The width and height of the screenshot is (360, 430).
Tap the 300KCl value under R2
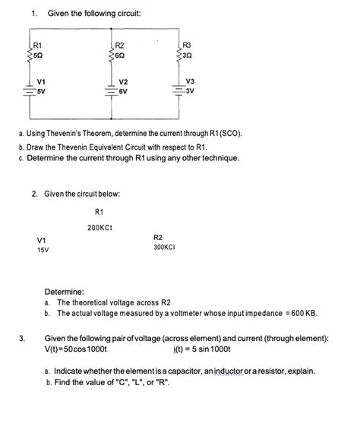pyautogui.click(x=165, y=248)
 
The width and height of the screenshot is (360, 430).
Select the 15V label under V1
pyautogui.click(x=43, y=250)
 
